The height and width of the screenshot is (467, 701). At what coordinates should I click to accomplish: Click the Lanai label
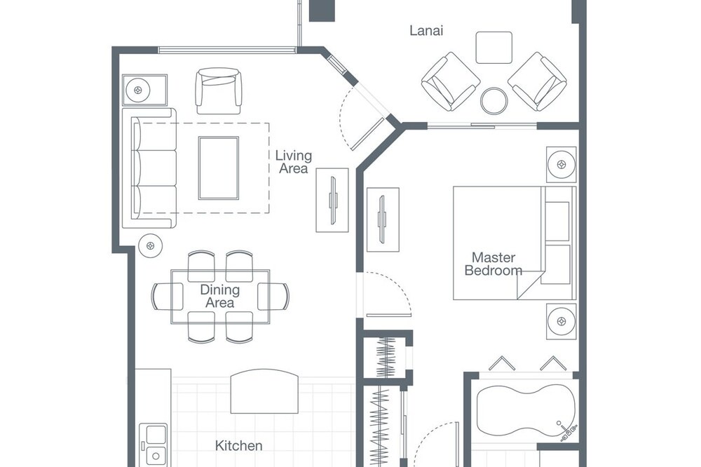click(426, 30)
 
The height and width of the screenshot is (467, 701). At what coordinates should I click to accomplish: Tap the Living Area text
click(293, 162)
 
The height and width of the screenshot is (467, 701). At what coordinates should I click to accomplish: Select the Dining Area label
click(219, 296)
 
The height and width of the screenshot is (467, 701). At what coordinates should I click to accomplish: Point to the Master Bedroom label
click(493, 264)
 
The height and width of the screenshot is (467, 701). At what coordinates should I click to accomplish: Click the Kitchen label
click(239, 445)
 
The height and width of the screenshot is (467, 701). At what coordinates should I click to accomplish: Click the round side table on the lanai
click(494, 101)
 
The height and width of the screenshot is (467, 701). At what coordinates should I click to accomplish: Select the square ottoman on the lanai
click(494, 48)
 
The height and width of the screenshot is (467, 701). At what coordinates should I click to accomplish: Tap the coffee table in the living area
click(219, 168)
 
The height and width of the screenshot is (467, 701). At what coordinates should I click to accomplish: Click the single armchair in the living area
click(218, 91)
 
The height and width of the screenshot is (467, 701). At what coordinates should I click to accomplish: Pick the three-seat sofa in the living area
click(149, 168)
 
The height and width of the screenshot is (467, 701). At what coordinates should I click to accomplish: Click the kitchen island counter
click(264, 391)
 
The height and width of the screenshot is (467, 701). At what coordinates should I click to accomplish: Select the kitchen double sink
click(153, 445)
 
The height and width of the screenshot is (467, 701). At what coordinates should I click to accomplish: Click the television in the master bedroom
click(383, 219)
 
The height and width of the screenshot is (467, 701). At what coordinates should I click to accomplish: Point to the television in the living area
click(332, 200)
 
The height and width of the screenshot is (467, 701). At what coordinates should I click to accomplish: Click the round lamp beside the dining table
click(150, 245)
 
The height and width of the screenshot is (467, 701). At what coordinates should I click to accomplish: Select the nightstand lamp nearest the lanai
click(561, 164)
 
